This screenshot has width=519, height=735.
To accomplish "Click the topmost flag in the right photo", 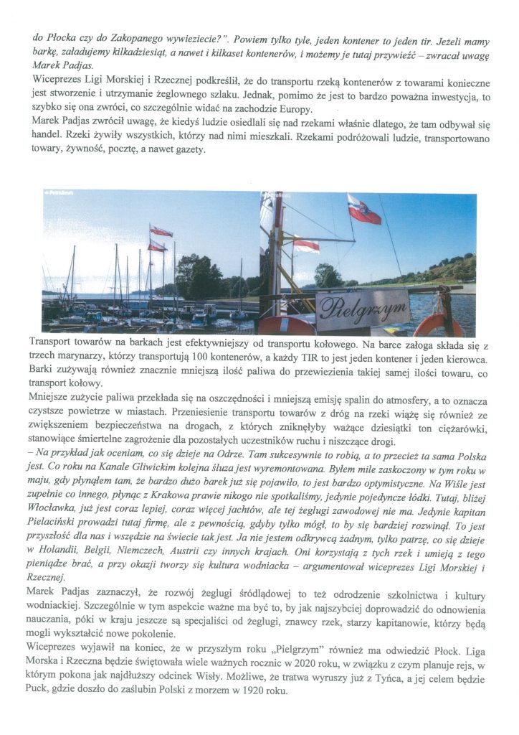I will (363, 210).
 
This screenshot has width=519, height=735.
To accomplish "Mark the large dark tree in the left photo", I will (196, 275).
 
